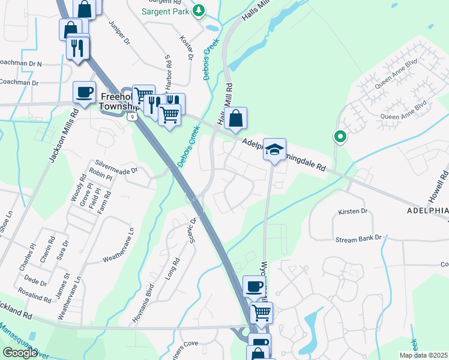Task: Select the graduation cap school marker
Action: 274,149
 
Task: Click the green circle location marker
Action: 340,137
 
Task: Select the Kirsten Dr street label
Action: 352,211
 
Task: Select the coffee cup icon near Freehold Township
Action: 84,92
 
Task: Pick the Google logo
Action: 20,352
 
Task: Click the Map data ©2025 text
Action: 423,355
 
